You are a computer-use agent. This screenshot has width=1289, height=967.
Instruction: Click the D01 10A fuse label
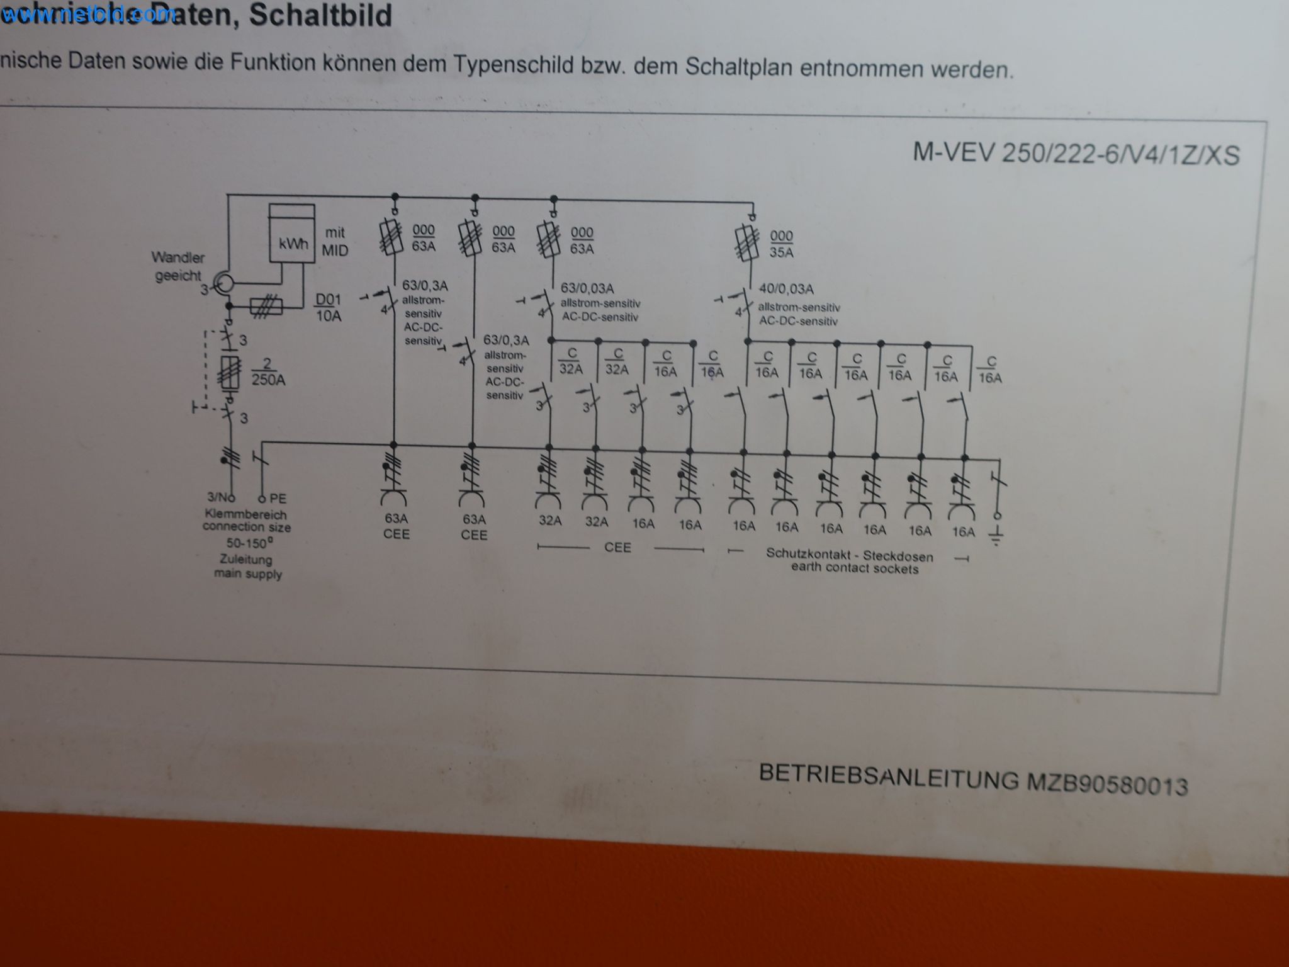point(329,307)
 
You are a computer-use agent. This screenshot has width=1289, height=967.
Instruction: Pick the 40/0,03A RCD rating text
point(786,289)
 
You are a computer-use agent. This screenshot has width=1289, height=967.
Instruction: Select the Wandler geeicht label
point(178,266)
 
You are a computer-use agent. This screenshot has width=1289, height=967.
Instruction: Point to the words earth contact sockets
point(854,568)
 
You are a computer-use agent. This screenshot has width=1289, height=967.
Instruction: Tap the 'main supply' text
point(247,574)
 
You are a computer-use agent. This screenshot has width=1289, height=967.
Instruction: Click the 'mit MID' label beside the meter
point(335,242)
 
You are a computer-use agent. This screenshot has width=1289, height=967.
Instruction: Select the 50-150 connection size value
point(249,543)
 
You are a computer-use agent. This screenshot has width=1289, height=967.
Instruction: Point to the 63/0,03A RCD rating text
point(587,288)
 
